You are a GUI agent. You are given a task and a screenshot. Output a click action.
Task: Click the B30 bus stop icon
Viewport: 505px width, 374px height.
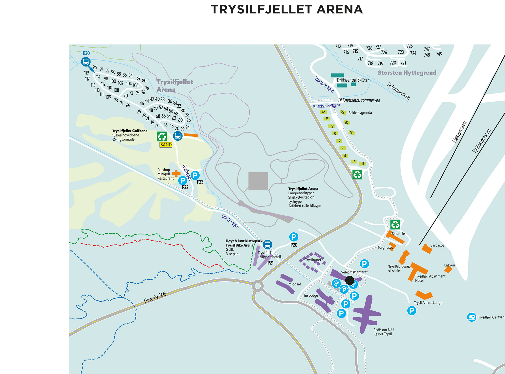(86, 62)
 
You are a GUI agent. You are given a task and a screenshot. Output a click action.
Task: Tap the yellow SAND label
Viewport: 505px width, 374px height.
(166, 145)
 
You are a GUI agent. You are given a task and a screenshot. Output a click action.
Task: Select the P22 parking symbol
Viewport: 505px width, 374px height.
(183, 181)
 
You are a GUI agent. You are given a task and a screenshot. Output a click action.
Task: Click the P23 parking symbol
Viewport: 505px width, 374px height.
(195, 175)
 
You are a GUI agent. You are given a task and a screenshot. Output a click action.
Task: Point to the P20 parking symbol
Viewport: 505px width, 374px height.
(294, 237)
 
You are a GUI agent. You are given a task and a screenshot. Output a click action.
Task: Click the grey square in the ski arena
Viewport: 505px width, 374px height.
(258, 181)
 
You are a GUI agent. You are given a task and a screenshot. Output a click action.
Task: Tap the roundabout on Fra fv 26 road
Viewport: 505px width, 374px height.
(257, 286)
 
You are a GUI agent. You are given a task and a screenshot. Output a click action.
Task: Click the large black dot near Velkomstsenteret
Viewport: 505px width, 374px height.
(350, 280)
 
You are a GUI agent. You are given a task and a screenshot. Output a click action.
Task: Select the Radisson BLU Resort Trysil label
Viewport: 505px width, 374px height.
(383, 332)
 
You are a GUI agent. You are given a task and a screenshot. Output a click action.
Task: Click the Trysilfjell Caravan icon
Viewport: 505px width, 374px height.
(472, 317)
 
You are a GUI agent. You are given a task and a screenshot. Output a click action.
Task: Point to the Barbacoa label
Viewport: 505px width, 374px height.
(437, 245)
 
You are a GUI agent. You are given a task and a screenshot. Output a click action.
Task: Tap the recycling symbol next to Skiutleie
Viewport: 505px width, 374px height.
(395, 225)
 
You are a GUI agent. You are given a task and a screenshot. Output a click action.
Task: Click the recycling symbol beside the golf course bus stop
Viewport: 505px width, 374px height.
(162, 136)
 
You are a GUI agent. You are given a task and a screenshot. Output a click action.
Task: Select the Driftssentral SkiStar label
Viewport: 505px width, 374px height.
(352, 80)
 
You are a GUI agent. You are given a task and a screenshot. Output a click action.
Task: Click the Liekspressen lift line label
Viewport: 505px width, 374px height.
(459, 132)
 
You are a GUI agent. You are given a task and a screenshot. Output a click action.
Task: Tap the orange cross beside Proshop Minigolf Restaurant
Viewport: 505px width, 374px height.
(176, 173)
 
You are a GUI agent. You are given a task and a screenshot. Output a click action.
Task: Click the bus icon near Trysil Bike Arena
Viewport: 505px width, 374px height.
(267, 245)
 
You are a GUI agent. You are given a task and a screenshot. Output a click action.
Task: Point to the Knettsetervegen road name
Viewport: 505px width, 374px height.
(326, 106)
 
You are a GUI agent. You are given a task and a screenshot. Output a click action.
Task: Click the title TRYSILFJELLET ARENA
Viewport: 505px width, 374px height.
(287, 9)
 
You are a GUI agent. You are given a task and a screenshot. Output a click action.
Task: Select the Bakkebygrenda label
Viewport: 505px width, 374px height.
(360, 113)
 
